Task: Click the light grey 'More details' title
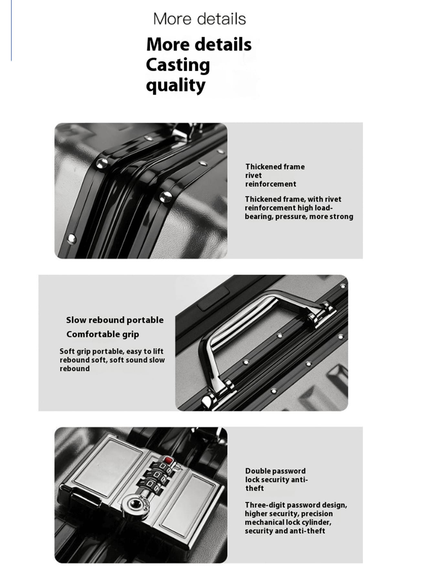[199, 19]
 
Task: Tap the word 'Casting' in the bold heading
[178, 65]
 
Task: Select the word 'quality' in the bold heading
[175, 86]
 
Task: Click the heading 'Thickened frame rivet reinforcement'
[275, 175]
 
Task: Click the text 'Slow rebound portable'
[115, 320]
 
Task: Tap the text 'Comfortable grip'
[103, 334]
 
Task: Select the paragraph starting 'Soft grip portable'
[112, 360]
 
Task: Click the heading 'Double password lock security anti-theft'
[276, 479]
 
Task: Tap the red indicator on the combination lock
[167, 460]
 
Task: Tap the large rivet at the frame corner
[102, 164]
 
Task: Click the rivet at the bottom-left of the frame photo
[71, 239]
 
